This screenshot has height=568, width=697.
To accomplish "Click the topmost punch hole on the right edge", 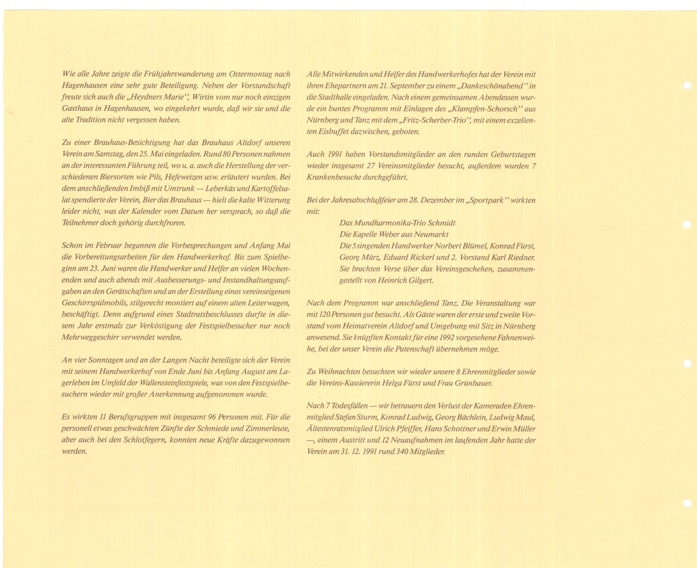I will [x=687, y=86].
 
